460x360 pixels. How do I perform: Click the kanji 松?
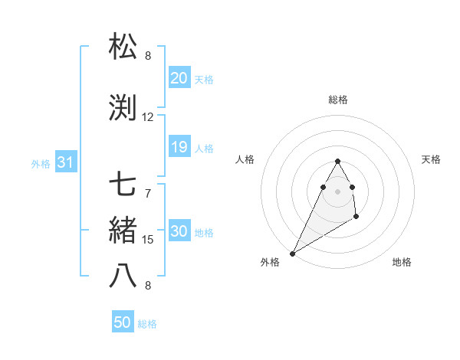click(123, 47)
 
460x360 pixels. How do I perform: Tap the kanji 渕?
click(123, 108)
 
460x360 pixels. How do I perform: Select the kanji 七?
click(123, 185)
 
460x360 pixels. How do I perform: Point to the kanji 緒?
click(123, 231)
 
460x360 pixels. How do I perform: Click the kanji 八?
click(123, 277)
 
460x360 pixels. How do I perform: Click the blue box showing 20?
click(179, 78)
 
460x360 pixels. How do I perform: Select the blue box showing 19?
click(179, 147)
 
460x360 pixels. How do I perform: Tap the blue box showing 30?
click(179, 231)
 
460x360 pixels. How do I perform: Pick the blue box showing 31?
click(66, 162)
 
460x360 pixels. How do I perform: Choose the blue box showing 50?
click(123, 322)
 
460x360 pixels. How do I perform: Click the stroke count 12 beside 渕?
click(148, 117)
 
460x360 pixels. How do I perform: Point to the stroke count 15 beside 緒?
click(148, 240)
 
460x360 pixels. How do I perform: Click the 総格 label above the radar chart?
click(338, 100)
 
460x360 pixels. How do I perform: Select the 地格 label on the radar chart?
click(402, 262)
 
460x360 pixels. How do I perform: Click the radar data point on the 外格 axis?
click(293, 253)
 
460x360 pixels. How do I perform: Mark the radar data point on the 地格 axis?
click(356, 218)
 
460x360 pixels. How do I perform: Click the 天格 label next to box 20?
click(204, 79)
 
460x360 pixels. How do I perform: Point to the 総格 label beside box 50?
click(147, 323)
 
